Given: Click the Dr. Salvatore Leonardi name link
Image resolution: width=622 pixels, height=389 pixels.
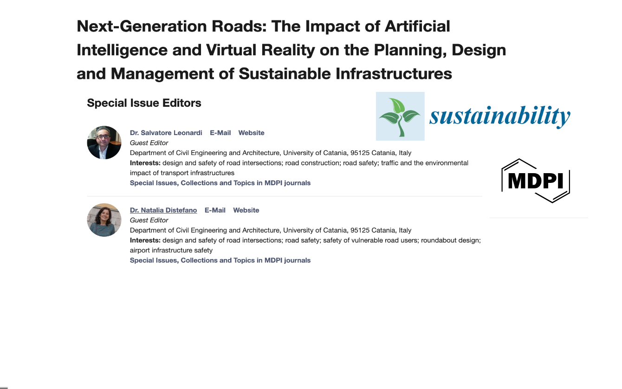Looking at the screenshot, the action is [166, 133].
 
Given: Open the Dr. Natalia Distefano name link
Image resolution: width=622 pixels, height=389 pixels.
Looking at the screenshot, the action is [163, 210].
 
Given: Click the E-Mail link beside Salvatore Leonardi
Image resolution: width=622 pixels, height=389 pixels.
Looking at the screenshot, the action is [220, 133].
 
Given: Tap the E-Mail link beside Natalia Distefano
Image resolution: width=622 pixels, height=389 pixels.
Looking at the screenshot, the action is [215, 210].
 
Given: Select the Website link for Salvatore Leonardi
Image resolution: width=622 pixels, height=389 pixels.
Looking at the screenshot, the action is [251, 133].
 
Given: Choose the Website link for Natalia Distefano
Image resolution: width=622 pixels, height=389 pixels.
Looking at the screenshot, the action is [246, 210].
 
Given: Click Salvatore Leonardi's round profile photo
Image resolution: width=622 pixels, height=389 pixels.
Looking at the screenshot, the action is [104, 143].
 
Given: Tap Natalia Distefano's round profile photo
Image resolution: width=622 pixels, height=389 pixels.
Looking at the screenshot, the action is [104, 220].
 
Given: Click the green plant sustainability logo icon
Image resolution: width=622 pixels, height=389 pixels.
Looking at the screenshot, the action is [400, 117].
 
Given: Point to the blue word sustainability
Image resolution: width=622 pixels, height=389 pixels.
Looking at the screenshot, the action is [500, 116].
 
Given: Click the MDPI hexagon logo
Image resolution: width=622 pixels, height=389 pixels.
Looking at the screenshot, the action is [536, 181].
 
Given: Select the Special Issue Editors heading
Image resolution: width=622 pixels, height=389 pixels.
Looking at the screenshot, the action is [144, 103].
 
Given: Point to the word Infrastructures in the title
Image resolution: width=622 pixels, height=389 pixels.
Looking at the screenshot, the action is [394, 74].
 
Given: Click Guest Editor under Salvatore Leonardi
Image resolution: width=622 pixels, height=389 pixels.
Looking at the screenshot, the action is [149, 143].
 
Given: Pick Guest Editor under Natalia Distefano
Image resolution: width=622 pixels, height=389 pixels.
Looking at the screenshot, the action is [149, 220].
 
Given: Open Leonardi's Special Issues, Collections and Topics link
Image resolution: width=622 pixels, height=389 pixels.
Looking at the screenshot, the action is [220, 183].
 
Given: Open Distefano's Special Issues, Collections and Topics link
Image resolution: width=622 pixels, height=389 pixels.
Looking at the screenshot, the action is [220, 260].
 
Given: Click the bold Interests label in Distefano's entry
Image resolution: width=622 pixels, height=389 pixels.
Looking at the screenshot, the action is [145, 240].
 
